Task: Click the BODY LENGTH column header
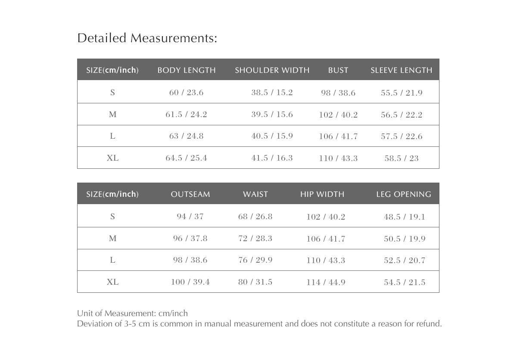point(187,70)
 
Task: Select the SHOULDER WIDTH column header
point(272,70)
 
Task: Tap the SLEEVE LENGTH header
point(401,70)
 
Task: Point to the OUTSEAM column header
point(190,194)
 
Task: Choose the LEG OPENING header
point(404,194)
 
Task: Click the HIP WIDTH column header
point(322,194)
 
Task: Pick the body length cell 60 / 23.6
point(186,93)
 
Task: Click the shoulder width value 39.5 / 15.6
point(272,115)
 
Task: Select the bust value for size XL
point(338,158)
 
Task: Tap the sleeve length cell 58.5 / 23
point(402,158)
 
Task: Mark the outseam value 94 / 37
point(190,217)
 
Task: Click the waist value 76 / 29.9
point(255,260)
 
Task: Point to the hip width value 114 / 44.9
point(326,282)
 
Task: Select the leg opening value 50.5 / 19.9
point(405,239)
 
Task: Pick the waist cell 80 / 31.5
point(255,282)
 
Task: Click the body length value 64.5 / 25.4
point(186,158)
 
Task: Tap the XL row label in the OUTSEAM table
point(112,282)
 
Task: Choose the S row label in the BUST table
point(112,93)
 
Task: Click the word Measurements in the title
point(174,38)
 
